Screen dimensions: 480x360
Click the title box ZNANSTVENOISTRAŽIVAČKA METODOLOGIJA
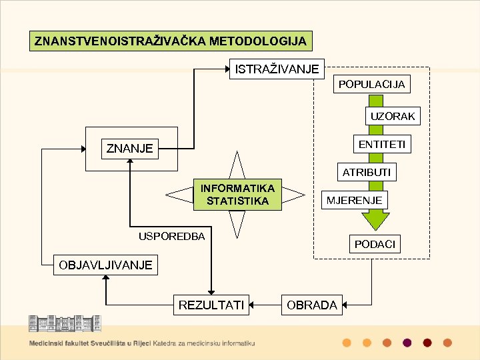(171, 41)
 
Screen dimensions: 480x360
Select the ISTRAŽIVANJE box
(276, 69)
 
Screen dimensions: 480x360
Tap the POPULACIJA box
(371, 85)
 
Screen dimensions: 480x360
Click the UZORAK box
(392, 116)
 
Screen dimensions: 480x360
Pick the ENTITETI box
(381, 145)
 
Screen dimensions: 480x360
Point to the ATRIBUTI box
(367, 172)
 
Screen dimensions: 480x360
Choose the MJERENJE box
(354, 200)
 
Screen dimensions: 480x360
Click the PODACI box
(375, 245)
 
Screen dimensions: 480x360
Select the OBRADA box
(312, 305)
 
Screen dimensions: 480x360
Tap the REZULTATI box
(211, 305)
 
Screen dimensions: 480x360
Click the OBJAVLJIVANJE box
(105, 265)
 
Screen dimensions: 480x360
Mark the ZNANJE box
(130, 148)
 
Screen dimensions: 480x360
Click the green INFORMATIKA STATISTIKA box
(237, 194)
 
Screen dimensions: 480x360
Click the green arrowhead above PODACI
(375, 221)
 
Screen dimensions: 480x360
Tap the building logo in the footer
(64, 323)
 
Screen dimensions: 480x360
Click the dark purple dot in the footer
(407, 343)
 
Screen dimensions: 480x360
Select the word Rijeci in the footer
(141, 343)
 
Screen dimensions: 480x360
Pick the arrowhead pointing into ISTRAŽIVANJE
(226, 69)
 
